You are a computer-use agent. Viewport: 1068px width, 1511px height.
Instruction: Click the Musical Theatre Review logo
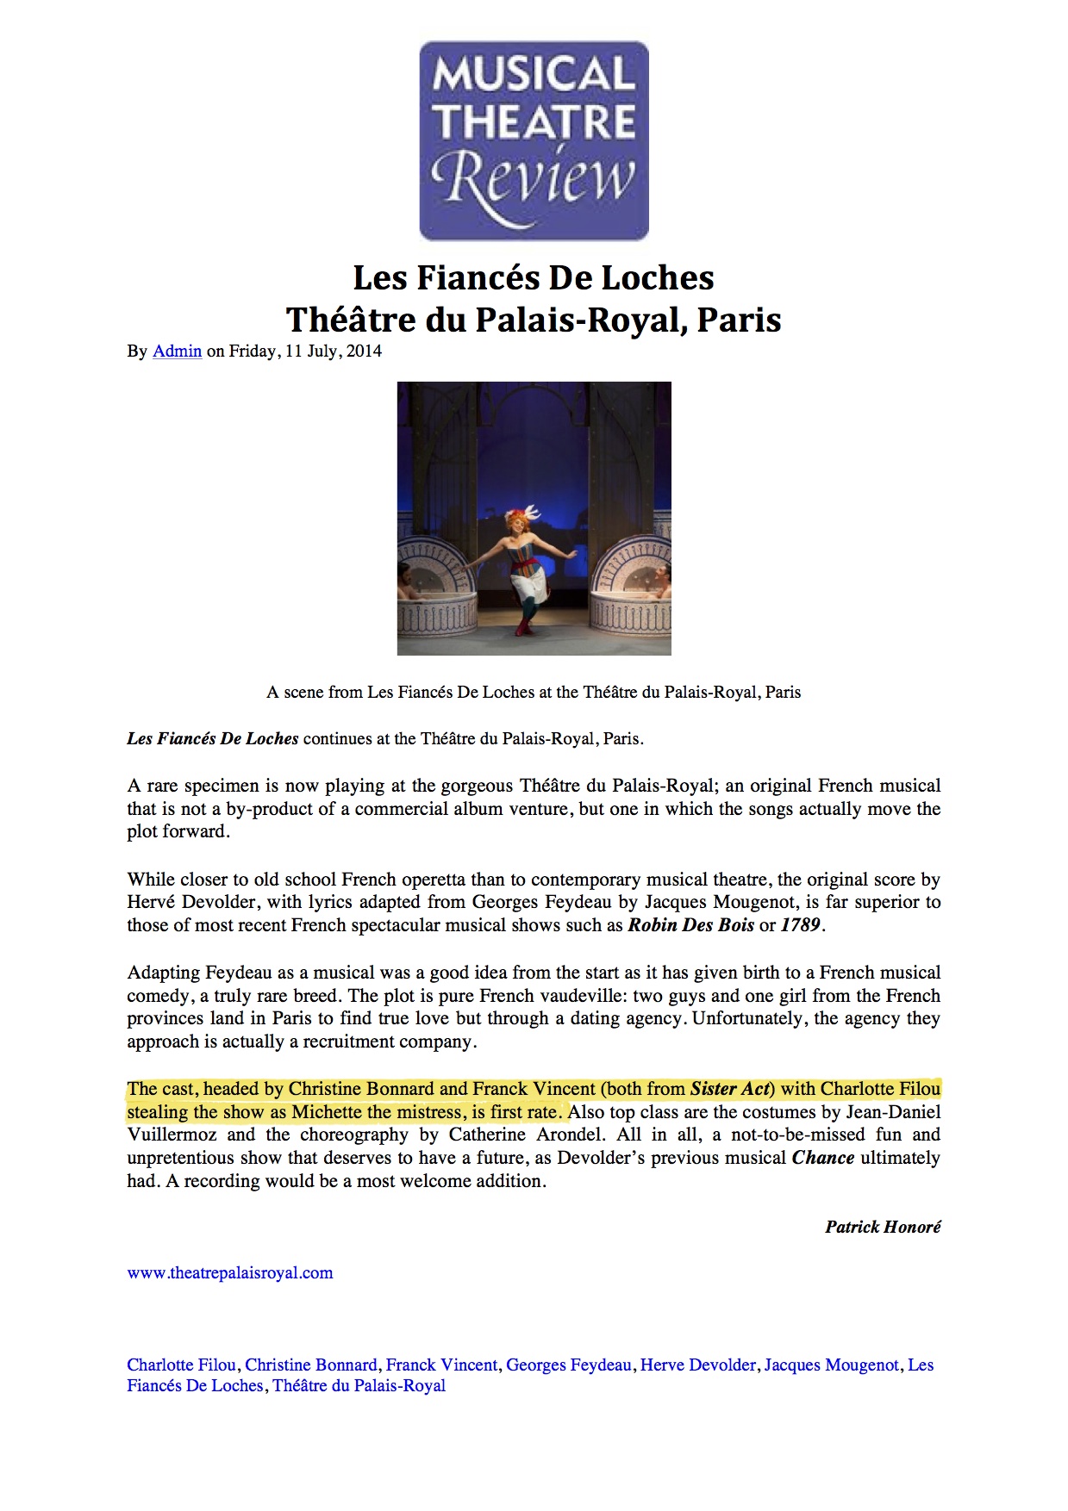[x=534, y=140]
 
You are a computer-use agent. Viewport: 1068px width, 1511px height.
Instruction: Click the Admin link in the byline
[x=177, y=351]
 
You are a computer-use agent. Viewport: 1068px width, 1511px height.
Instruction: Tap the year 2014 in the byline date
[x=364, y=351]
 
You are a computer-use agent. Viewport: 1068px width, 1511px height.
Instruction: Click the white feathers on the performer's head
[x=531, y=513]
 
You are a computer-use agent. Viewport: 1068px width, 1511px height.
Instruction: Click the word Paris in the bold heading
[x=739, y=320]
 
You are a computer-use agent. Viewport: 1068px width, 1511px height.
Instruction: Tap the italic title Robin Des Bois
[x=690, y=926]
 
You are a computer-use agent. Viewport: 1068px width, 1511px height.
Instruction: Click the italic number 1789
[x=801, y=926]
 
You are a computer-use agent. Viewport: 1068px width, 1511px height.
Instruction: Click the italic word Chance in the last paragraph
[x=822, y=1159]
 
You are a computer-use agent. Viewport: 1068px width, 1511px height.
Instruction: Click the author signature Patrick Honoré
[x=883, y=1228]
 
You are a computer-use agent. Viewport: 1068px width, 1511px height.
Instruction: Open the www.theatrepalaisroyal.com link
[x=229, y=1273]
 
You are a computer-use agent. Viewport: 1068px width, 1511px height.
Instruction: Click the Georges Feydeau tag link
[x=568, y=1365]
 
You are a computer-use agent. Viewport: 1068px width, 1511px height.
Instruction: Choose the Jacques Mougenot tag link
[x=831, y=1365]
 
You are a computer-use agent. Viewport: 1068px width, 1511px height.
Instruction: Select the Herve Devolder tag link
[x=697, y=1365]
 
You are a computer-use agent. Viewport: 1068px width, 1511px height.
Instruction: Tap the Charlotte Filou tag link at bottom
[x=181, y=1365]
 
